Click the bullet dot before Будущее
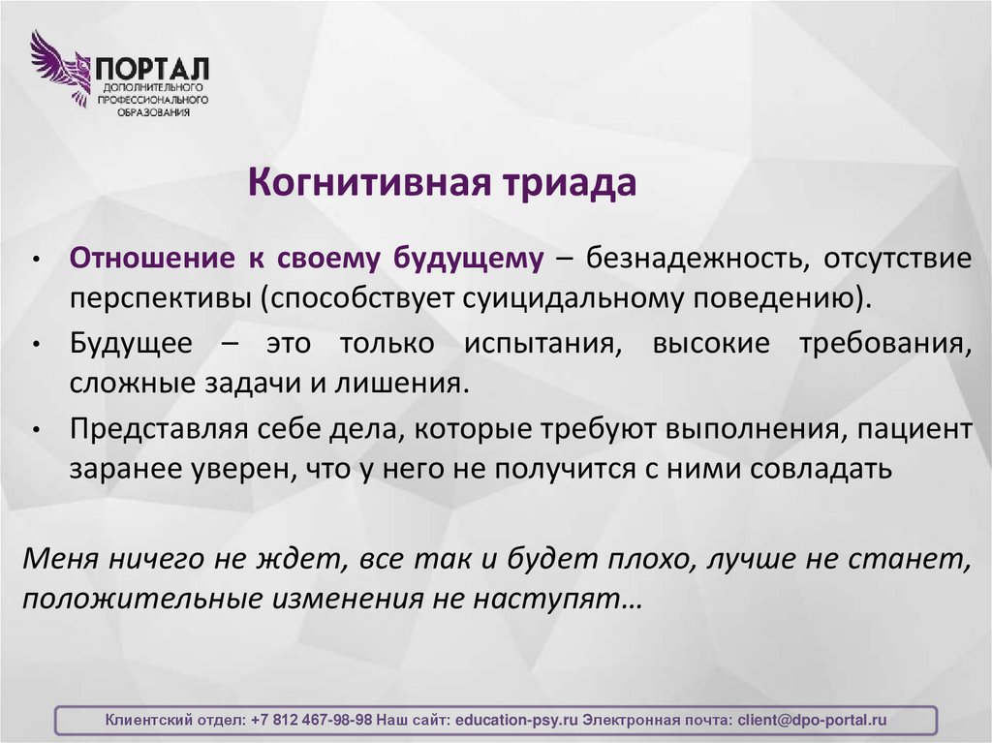[x=35, y=346]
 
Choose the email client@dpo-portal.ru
[x=812, y=720]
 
